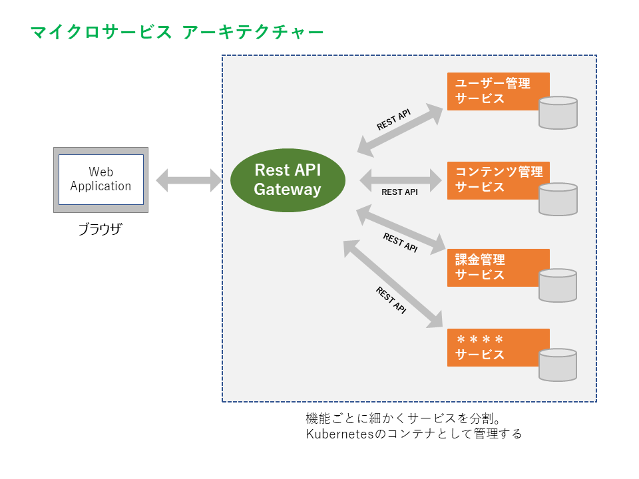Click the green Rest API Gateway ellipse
288,180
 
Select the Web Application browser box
101,180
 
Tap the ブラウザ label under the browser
101,230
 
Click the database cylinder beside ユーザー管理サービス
558,112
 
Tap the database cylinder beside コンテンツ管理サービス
558,199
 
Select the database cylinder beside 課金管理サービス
558,285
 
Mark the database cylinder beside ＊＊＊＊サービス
558,365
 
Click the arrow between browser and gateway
188,180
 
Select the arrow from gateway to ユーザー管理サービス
400,130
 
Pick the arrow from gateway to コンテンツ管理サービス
401,179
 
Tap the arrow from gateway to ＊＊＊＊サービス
393,283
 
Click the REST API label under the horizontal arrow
399,192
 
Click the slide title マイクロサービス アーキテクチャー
177,32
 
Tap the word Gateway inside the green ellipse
288,190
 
